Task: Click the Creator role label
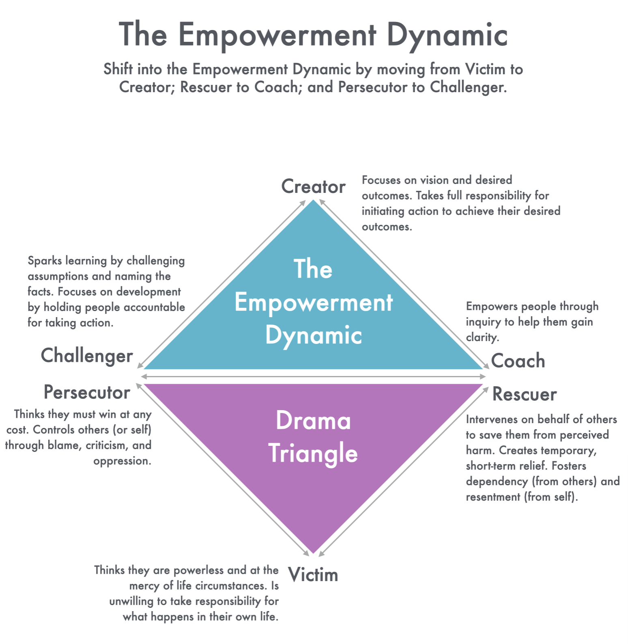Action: (313, 187)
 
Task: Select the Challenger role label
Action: (87, 356)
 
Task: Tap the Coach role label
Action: (518, 361)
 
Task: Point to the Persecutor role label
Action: (87, 393)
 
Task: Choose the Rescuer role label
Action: (524, 394)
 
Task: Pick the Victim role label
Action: (313, 575)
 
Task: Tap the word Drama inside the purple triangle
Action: (313, 421)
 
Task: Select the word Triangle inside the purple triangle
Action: (313, 454)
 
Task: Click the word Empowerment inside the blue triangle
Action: (314, 303)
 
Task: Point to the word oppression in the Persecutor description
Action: (122, 461)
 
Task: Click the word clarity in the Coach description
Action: (482, 337)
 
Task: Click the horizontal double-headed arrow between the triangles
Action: (313, 377)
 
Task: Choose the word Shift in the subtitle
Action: (118, 69)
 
